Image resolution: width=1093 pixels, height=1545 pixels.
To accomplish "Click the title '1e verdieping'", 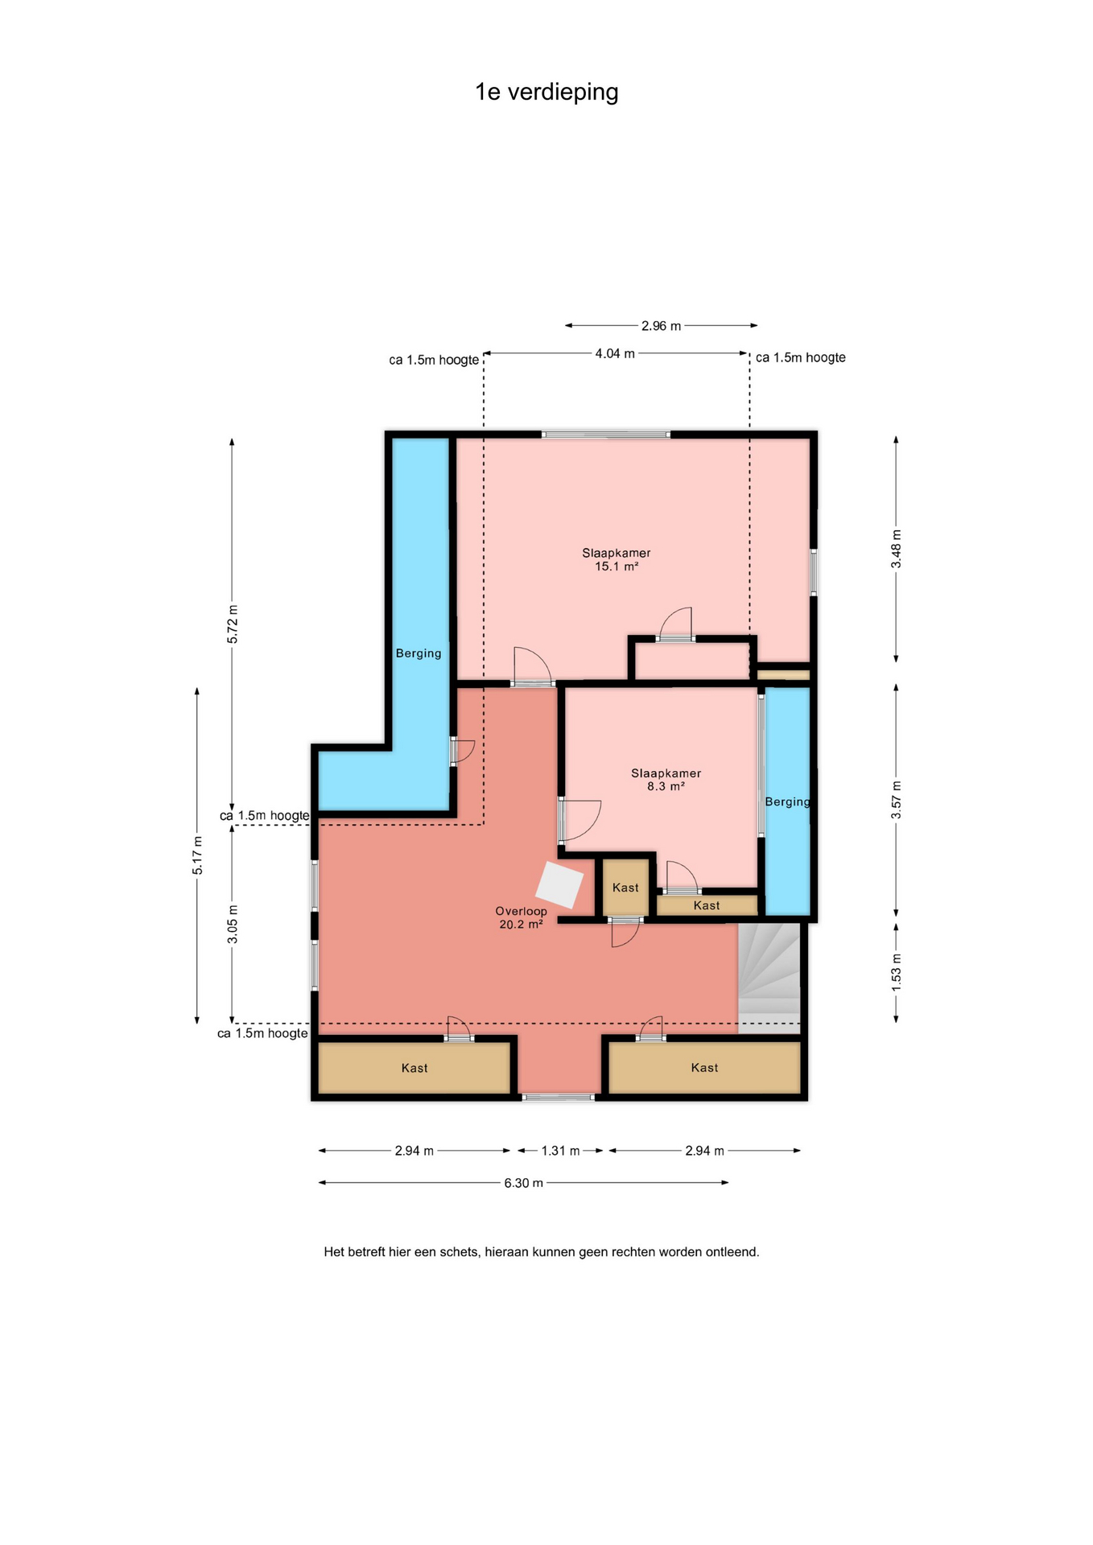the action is (x=546, y=93).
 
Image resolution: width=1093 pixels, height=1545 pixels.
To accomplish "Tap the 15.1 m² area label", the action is (x=617, y=566).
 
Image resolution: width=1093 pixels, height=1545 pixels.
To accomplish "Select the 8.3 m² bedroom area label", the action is (x=666, y=786).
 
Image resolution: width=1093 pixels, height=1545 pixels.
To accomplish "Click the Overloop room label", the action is (x=521, y=911).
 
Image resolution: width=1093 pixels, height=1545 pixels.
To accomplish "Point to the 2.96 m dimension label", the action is (x=661, y=326).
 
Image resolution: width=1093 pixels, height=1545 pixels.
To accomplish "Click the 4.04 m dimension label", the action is (x=615, y=353).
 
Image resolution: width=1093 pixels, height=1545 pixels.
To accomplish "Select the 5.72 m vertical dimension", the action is (x=232, y=624).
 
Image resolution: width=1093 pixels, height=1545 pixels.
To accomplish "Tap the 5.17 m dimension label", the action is (x=197, y=855).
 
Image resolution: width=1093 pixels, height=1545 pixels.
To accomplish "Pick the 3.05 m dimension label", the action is (x=232, y=924).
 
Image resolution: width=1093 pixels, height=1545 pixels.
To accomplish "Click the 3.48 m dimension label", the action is (x=896, y=549).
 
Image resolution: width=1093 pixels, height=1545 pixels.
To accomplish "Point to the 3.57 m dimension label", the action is (x=896, y=800).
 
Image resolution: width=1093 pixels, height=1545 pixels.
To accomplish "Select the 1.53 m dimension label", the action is (x=896, y=972).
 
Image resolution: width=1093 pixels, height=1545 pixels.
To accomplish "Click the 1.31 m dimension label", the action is (x=560, y=1151).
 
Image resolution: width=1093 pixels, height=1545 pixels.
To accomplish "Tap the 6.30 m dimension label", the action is (x=523, y=1183).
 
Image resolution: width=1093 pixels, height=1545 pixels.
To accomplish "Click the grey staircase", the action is (x=769, y=978).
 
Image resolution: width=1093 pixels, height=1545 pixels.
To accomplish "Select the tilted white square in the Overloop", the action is (x=559, y=885).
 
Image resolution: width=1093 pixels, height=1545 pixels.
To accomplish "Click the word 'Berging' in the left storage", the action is (x=419, y=653).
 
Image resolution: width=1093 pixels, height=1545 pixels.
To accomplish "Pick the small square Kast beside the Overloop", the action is (x=625, y=887).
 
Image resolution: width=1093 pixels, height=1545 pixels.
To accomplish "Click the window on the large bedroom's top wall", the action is (x=605, y=435).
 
